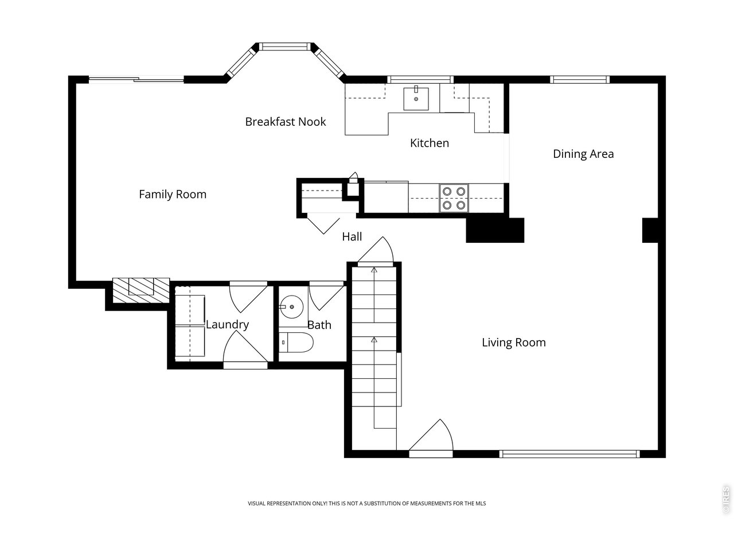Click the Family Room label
click(173, 195)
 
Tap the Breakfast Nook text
click(285, 122)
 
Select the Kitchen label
click(430, 143)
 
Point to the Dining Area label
click(583, 154)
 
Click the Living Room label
click(514, 343)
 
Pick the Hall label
click(352, 237)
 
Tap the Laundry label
click(228, 324)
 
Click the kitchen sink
click(416, 98)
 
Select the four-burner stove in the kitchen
click(454, 198)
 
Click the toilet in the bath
click(296, 343)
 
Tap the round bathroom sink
click(291, 306)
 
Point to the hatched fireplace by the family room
click(141, 290)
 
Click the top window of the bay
click(285, 46)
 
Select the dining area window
click(580, 80)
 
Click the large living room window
click(569, 453)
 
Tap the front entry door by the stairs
click(431, 439)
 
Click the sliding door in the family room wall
click(136, 80)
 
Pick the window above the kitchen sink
click(420, 80)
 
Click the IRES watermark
click(725, 499)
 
